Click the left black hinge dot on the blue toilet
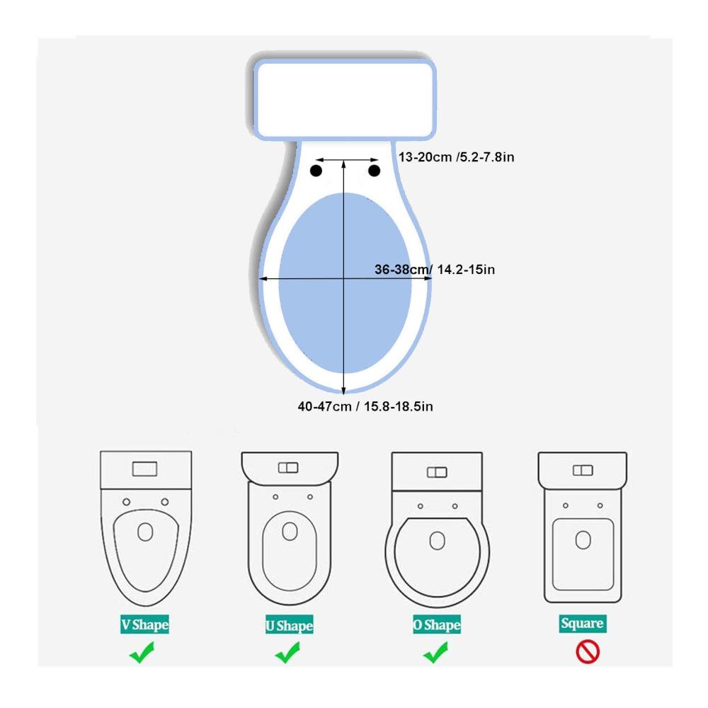tap(316, 171)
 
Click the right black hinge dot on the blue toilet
tap(374, 171)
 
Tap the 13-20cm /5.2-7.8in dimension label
tap(456, 157)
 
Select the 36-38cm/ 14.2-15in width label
tap(435, 270)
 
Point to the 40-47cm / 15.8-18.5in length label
tap(365, 406)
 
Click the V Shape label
tap(144, 624)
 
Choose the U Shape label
tap(290, 625)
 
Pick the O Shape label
tap(437, 624)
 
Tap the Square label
tap(583, 624)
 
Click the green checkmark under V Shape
tap(142, 653)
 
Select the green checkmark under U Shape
tap(287, 653)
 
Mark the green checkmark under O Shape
tap(435, 653)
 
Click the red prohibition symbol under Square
tap(588, 652)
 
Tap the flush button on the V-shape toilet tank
tap(144, 469)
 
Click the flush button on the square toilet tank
tap(583, 471)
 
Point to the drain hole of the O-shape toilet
tap(437, 540)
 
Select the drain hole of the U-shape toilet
tap(290, 532)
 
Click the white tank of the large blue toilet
tap(345, 99)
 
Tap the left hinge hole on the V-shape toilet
tap(127, 502)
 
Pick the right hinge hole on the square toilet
tap(600, 506)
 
